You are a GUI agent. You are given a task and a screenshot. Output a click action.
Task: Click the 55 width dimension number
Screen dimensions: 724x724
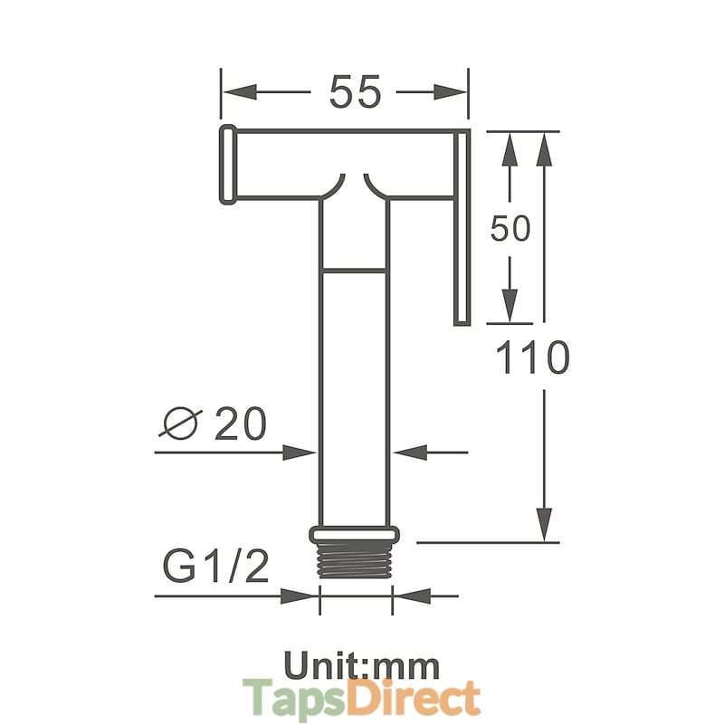[355, 92]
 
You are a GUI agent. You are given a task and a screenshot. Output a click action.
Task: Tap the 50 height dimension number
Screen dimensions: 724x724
[510, 228]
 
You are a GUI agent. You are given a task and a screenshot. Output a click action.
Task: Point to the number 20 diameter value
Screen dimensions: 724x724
[241, 423]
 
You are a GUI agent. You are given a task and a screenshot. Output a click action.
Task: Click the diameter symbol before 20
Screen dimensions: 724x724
[180, 423]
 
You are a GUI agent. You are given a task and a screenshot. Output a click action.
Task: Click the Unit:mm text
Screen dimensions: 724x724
[361, 665]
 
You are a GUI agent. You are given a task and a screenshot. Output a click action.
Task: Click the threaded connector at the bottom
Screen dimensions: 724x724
[355, 559]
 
